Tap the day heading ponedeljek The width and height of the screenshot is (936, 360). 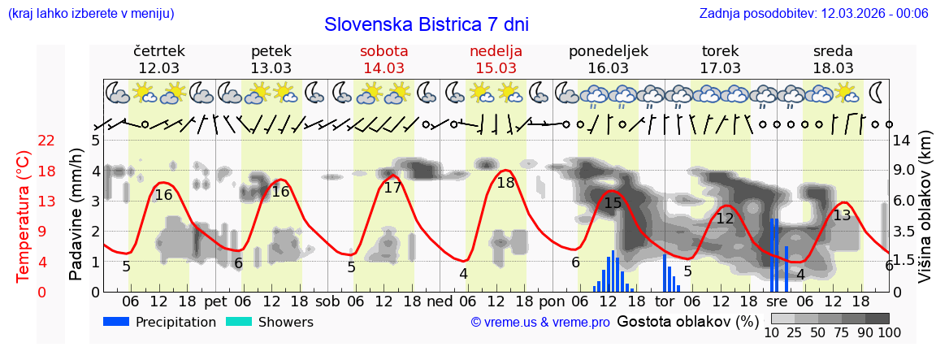pos(608,51)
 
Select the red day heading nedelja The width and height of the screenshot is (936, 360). pos(496,51)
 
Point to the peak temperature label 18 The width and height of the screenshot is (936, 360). pos(505,183)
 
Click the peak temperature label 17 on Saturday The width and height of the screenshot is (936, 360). pos(392,188)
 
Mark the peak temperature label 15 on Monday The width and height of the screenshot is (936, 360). pos(613,202)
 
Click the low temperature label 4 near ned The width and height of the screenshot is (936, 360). pos(463,274)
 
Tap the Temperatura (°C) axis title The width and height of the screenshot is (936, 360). pos(23,215)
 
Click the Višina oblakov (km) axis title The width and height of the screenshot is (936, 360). pos(925,215)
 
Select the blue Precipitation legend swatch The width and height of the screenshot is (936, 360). pos(116,322)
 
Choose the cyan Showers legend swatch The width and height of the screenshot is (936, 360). pos(238,322)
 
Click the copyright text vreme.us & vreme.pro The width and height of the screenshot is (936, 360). pos(540,323)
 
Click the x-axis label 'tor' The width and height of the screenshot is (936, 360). pos(665,301)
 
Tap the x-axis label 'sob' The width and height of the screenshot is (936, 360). pos(328,301)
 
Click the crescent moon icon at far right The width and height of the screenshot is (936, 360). pos(878,91)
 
